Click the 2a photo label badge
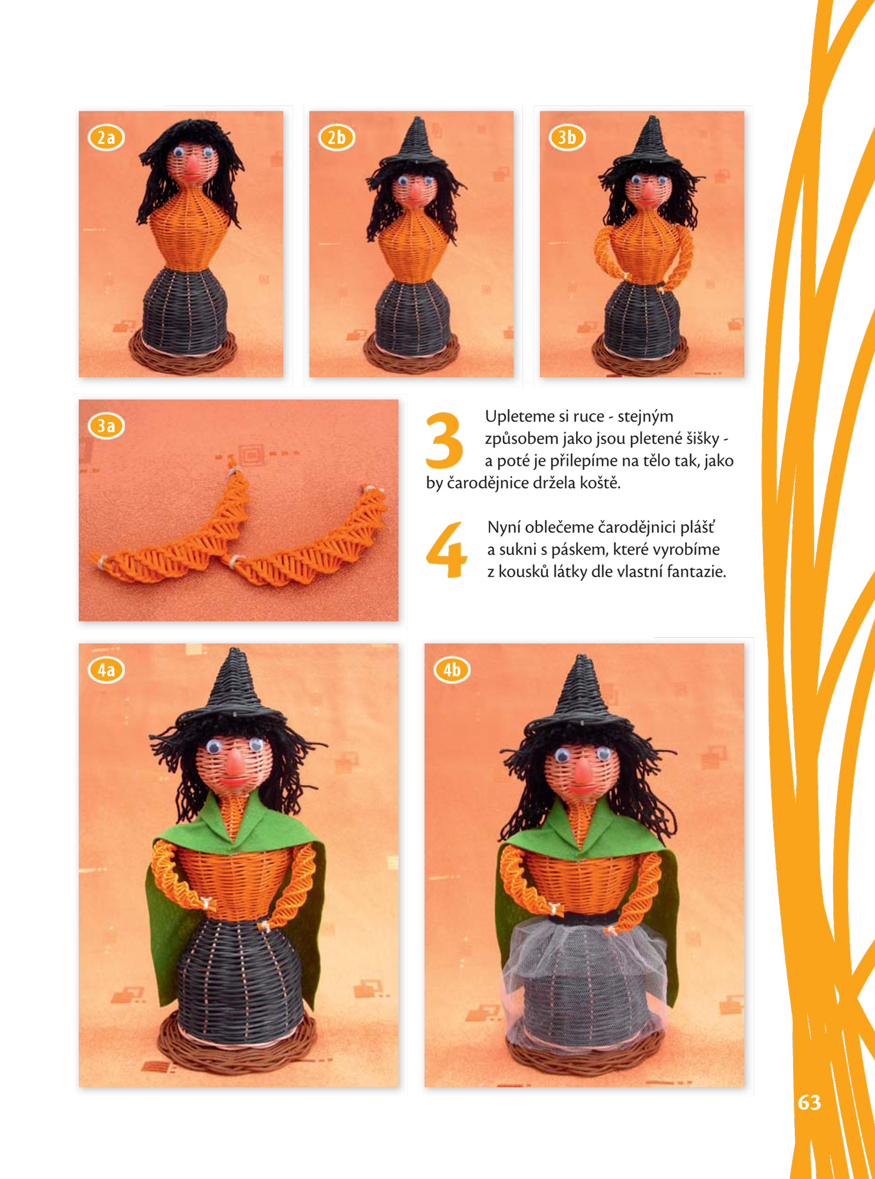tap(106, 137)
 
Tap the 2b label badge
tap(337, 137)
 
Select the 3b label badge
tap(567, 137)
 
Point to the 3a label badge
tap(106, 426)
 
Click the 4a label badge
tap(106, 670)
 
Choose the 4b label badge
tap(452, 670)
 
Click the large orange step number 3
tap(444, 439)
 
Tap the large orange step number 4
tap(446, 549)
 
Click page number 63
tap(809, 1102)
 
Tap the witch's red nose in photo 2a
tap(192, 167)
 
